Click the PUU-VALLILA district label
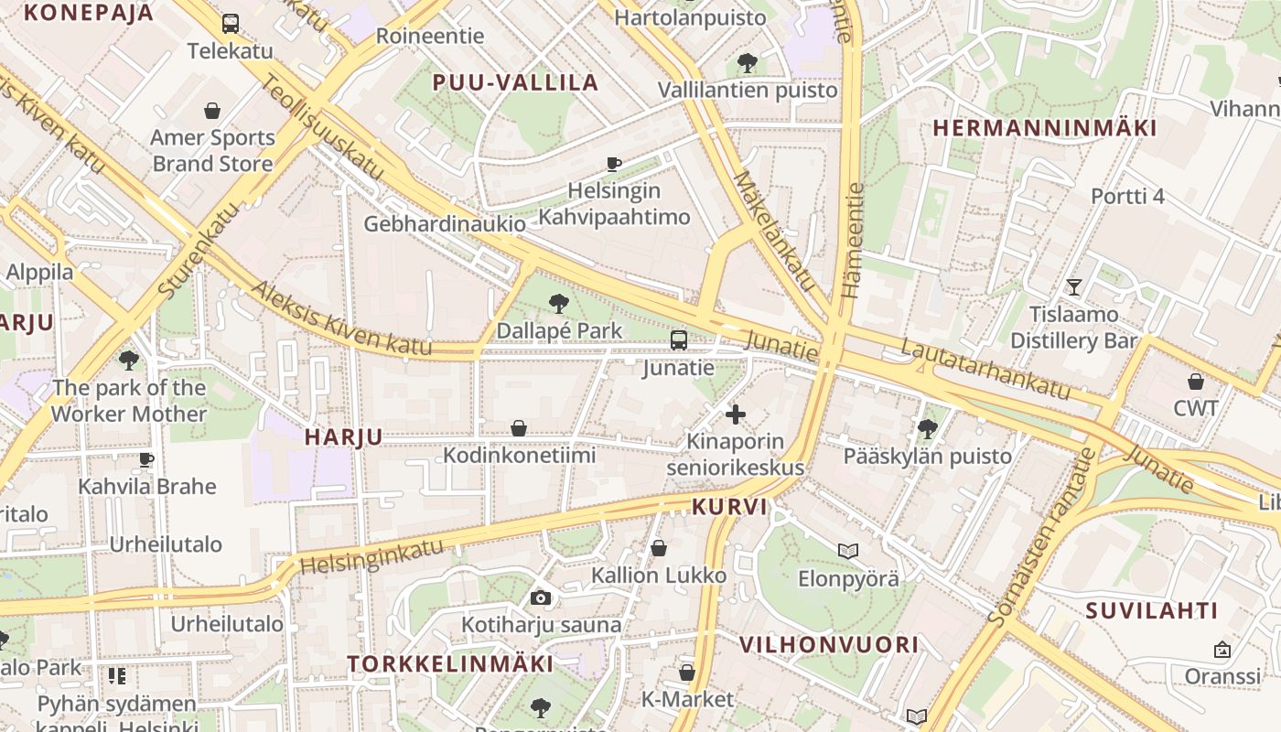point(516,83)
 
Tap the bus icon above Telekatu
point(231,24)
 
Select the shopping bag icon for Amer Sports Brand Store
point(212,111)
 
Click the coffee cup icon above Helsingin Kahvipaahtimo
point(614,164)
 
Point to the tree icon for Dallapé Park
point(558,304)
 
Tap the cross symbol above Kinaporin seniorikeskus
point(735,414)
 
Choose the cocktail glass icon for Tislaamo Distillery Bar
point(1074,287)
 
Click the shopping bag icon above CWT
point(1196,382)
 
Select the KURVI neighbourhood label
point(729,507)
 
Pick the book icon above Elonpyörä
point(848,551)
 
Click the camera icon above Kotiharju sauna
point(541,598)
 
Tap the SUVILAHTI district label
point(1152,611)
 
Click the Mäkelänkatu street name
point(774,231)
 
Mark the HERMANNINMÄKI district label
point(1045,128)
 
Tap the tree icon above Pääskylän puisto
point(928,427)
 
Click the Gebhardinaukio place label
point(445,224)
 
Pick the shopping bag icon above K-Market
point(687,673)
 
